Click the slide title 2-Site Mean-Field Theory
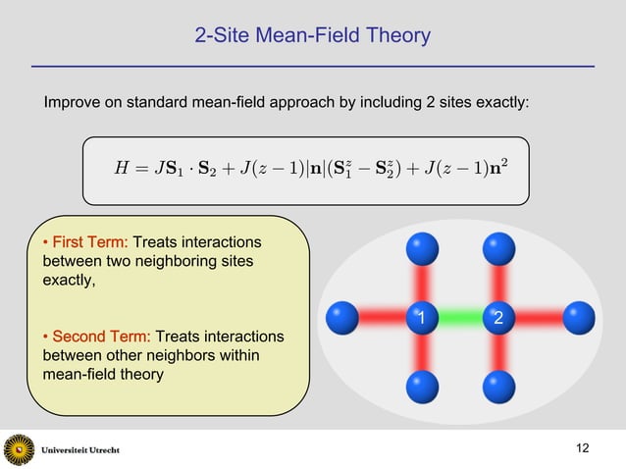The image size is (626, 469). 312,36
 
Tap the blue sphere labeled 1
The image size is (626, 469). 420,318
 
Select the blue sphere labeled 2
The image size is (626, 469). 498,318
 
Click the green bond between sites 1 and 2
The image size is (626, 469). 459,318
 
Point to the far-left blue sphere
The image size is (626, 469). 342,317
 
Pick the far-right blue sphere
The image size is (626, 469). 578,317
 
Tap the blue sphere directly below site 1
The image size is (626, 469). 421,385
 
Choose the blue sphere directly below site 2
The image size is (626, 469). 498,385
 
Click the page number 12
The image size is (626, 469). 583,448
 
